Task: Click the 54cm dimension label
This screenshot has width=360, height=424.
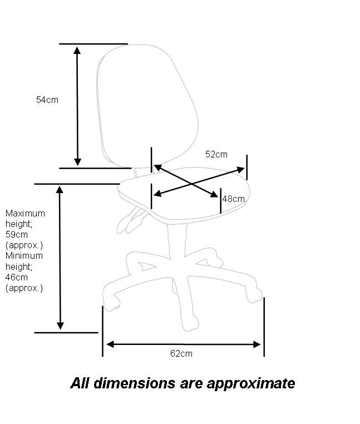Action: click(47, 100)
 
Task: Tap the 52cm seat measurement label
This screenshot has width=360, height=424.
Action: click(216, 154)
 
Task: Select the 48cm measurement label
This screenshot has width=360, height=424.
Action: click(234, 199)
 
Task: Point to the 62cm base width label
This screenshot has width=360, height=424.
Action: click(181, 353)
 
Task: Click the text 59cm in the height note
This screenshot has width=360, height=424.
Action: click(16, 234)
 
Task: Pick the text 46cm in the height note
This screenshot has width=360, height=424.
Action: click(16, 277)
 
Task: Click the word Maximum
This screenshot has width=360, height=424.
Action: click(25, 213)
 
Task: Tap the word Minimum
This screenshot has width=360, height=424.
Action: click(24, 256)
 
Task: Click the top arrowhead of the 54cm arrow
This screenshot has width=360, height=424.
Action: click(77, 50)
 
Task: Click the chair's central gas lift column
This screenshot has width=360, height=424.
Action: click(176, 239)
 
